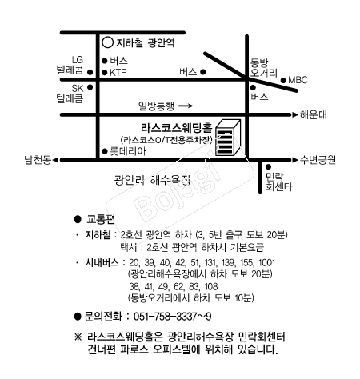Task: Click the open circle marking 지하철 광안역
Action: (108, 42)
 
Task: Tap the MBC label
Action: (298, 80)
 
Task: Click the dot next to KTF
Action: (105, 72)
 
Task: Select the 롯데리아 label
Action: (128, 151)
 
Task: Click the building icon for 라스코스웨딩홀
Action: (228, 138)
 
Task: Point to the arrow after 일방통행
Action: (186, 106)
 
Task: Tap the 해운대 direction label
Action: (314, 114)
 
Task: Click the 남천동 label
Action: (38, 160)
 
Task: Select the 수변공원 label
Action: (318, 160)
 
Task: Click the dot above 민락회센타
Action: (268, 167)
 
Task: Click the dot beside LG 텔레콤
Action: (90, 72)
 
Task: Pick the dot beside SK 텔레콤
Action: (90, 87)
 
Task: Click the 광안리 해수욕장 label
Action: (152, 180)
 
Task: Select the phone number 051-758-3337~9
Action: (173, 317)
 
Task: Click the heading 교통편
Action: (101, 219)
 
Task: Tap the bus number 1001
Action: (266, 263)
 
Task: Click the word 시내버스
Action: (102, 262)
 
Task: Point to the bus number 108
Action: (211, 287)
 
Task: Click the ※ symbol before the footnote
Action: (78, 337)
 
